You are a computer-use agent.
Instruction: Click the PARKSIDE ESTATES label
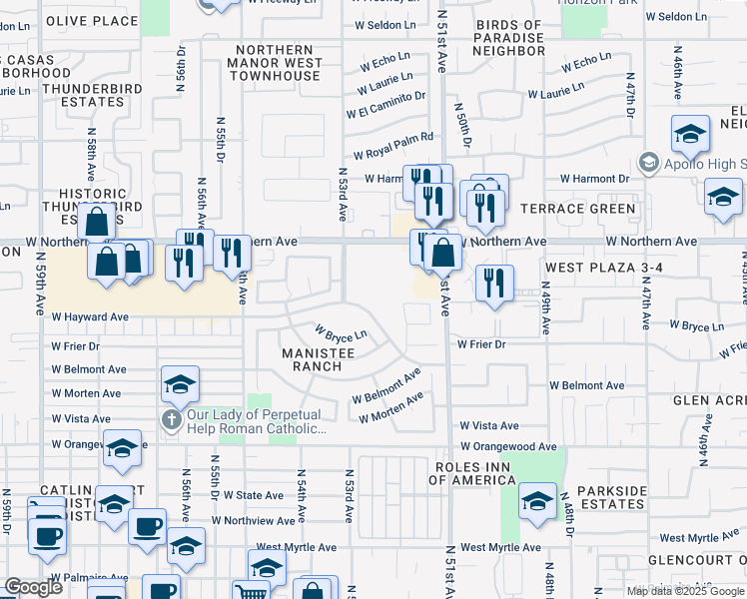pyautogui.click(x=604, y=498)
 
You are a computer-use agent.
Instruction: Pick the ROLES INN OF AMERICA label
pyautogui.click(x=471, y=473)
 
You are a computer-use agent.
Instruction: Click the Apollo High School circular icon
pyautogui.click(x=648, y=163)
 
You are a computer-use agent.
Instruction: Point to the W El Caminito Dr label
pyautogui.click(x=385, y=105)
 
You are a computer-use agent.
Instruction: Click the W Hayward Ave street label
pyautogui.click(x=90, y=316)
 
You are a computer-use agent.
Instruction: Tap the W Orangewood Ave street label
pyautogui.click(x=508, y=446)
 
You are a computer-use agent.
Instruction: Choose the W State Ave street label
pyautogui.click(x=254, y=495)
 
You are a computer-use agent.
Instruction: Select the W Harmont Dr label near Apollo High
pyautogui.click(x=594, y=179)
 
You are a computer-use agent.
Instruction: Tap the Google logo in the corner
pyautogui.click(x=33, y=587)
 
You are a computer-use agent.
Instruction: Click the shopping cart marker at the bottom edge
pyautogui.click(x=251, y=591)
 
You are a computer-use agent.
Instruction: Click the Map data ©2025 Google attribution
pyautogui.click(x=685, y=591)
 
